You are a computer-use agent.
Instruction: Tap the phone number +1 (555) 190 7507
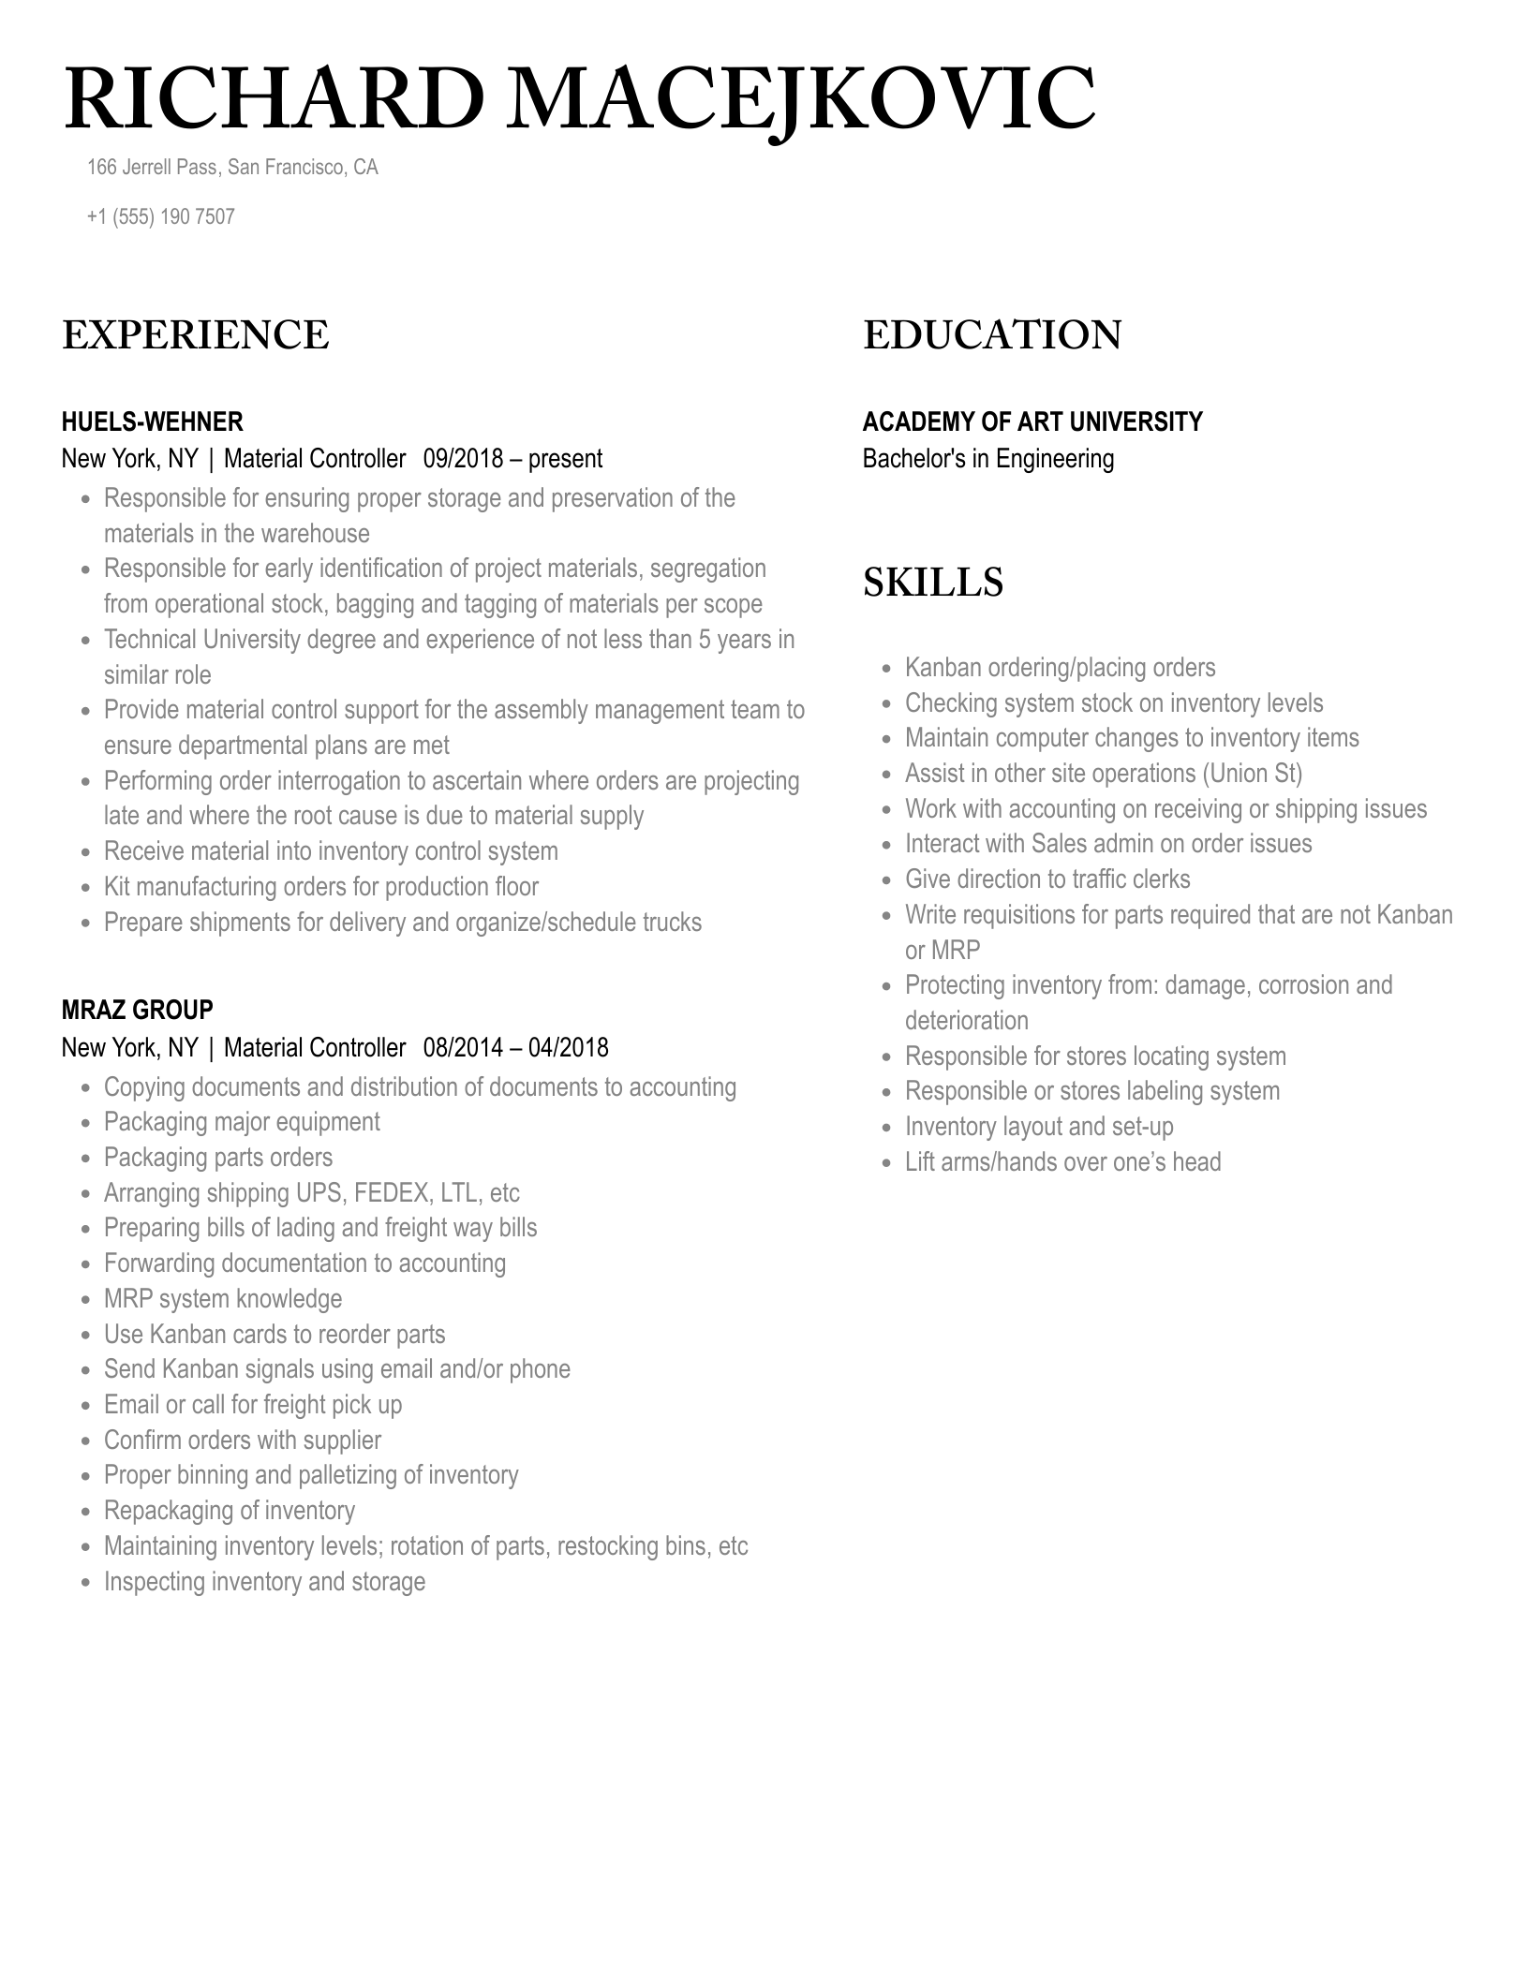pos(160,217)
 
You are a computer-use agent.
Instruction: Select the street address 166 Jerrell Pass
pos(153,168)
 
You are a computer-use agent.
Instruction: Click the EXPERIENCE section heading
pos(196,335)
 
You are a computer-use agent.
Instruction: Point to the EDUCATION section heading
pos(992,335)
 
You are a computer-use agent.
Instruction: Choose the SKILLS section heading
pos(933,582)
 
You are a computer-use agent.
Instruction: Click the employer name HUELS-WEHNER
pos(152,421)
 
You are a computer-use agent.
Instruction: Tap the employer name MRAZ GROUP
pos(137,1010)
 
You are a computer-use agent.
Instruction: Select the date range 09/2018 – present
pos(512,459)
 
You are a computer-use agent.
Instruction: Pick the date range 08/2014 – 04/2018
pos(515,1047)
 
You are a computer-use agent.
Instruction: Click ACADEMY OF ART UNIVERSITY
pos(1032,421)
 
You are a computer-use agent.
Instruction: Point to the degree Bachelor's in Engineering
pos(988,459)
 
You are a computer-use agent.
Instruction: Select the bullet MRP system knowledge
pos(223,1299)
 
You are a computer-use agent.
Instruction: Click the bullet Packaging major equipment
pos(242,1122)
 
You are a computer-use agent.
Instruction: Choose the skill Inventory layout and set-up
pos(1039,1127)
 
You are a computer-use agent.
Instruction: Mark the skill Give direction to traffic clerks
pos(1047,879)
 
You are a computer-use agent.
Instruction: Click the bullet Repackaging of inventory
pos(230,1511)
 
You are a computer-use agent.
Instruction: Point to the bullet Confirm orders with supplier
pos(243,1441)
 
